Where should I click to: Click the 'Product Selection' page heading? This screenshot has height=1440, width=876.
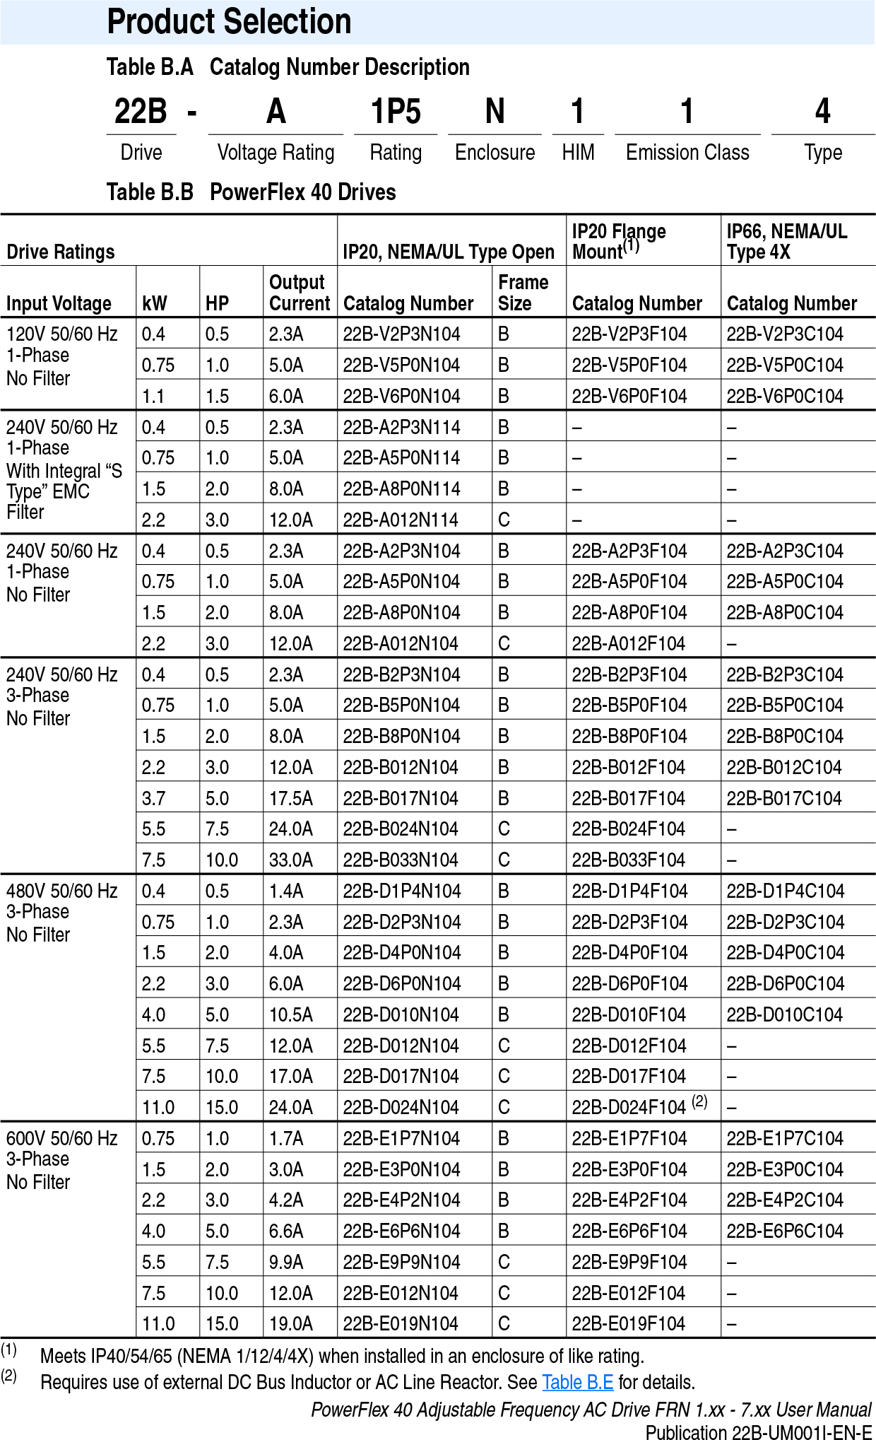229,22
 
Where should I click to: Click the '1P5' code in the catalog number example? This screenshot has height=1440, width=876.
396,112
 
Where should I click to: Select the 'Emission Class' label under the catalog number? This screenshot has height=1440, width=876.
687,153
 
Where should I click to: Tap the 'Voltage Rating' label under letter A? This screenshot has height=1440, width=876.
276,153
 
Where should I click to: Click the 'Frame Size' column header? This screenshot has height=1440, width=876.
523,293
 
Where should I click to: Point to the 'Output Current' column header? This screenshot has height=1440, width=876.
300,293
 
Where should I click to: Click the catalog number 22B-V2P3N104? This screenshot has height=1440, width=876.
401,334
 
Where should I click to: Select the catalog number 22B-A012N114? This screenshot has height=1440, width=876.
401,520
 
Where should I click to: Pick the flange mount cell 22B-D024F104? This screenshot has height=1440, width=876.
629,1108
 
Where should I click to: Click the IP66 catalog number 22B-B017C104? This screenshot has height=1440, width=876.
784,799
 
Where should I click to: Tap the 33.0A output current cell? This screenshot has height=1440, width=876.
290,860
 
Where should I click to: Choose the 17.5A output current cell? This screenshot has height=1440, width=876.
290,799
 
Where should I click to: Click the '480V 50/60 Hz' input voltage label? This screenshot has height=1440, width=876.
62,891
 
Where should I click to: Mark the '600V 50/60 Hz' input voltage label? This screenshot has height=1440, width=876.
62,1139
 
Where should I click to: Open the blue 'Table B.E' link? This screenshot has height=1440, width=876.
577,1382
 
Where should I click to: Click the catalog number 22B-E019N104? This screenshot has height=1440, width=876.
401,1324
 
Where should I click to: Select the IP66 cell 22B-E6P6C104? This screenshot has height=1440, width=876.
785,1231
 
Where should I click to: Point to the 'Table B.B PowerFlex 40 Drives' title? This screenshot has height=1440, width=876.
251,192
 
